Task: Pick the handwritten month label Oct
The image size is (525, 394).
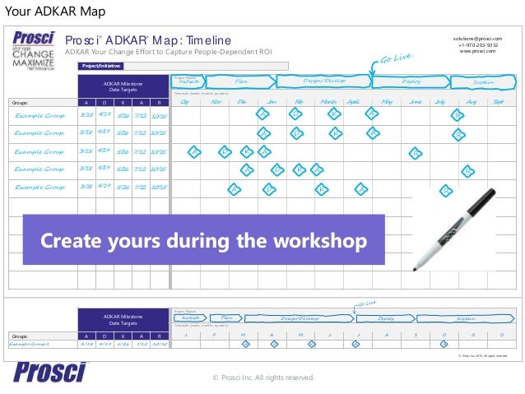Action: pyautogui.click(x=185, y=102)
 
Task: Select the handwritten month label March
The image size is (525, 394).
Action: pyautogui.click(x=328, y=102)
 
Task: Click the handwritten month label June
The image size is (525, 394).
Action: pyautogui.click(x=416, y=102)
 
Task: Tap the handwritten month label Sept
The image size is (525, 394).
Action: pyautogui.click(x=498, y=102)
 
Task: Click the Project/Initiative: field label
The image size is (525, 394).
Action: pyautogui.click(x=102, y=64)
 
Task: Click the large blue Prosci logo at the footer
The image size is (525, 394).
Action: pyautogui.click(x=50, y=372)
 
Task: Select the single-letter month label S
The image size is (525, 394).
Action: pyautogui.click(x=416, y=336)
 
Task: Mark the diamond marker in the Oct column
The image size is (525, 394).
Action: pyautogui.click(x=194, y=152)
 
